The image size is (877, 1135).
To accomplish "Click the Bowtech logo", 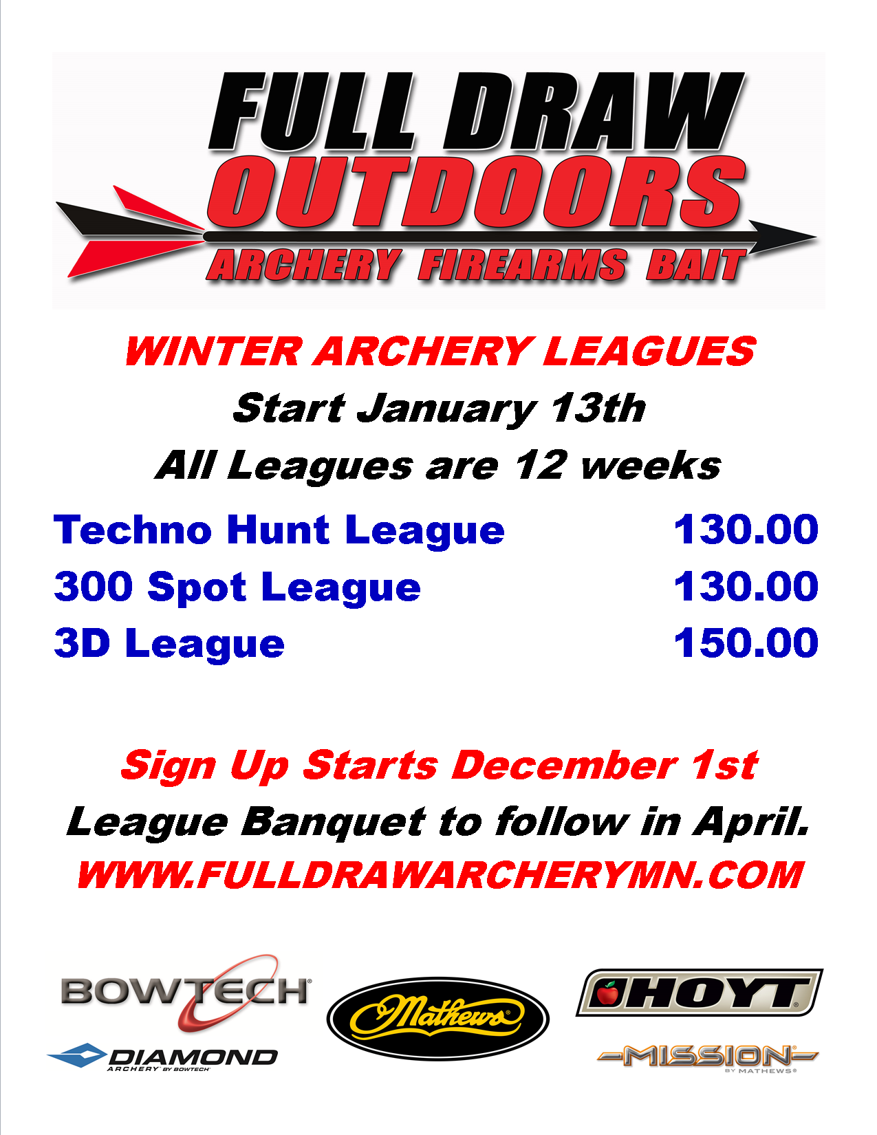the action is [186, 992].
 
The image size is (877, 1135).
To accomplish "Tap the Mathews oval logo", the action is [437, 1019].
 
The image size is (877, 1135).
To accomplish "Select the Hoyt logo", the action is [700, 993].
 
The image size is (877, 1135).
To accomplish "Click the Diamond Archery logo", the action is [162, 1058].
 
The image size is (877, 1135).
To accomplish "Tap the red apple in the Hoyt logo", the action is [607, 993].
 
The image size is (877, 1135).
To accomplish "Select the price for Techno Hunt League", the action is [746, 530].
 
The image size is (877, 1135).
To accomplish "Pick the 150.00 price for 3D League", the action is [746, 642].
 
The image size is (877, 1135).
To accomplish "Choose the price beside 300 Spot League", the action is [746, 586].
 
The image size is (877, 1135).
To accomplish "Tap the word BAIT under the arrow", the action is [696, 265].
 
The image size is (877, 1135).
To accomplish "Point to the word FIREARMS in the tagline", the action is [522, 265].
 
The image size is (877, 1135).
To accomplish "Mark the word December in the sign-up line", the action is [565, 766].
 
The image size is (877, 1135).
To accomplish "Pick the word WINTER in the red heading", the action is [214, 351].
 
